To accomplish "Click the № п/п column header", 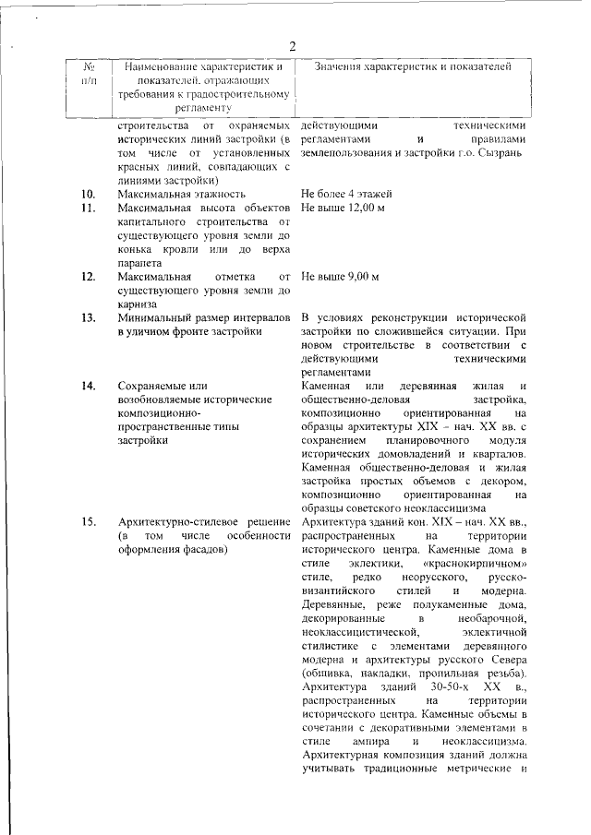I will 90,74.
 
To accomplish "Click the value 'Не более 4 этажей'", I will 347,194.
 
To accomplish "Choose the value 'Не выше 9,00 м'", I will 340,276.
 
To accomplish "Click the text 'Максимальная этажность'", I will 181,194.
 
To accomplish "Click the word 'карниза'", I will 137,304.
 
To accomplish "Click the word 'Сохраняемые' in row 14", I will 152,385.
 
